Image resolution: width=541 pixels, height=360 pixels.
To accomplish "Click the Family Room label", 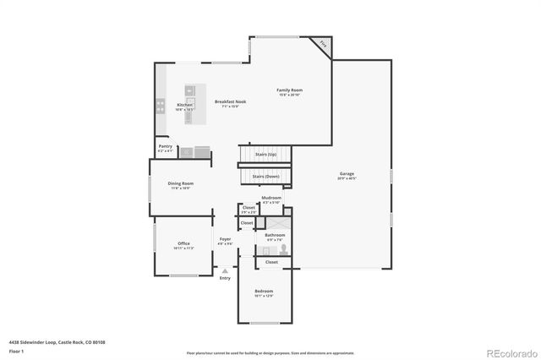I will pos(290,90).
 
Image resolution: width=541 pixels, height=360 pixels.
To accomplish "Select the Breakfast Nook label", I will pos(230,101).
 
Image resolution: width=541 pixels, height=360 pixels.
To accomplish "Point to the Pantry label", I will pos(166,146).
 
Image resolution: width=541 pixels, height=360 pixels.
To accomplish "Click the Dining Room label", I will pos(181,183).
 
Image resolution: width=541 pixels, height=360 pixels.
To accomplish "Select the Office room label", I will pos(183,243).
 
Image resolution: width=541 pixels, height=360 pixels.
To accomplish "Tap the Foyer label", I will pos(225,239).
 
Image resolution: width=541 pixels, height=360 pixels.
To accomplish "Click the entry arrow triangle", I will pos(225,270).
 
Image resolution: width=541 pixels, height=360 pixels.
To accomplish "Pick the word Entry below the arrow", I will pos(225,278).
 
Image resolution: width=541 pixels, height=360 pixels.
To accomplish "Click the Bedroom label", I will pos(265,292).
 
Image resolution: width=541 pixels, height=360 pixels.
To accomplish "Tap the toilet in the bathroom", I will pos(284,248).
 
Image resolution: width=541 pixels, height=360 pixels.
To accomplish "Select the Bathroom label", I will pos(275,235).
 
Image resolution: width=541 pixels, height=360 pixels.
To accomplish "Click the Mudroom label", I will pos(271,198).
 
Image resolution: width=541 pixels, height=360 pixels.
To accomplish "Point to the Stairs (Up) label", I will pos(265,155).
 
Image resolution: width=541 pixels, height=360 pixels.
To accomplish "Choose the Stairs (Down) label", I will pos(265,176).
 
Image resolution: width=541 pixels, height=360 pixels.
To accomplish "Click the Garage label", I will pos(347,173).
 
